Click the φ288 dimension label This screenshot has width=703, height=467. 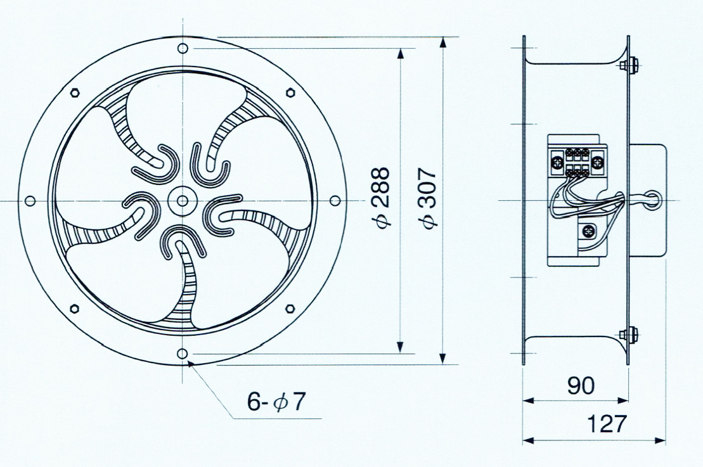click(x=384, y=197)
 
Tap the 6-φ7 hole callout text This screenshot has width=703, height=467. click(x=276, y=401)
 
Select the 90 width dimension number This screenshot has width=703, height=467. click(x=581, y=385)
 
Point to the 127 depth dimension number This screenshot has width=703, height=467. click(x=606, y=423)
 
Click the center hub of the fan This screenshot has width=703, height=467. click(x=182, y=200)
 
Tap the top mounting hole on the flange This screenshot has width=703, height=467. click(x=183, y=48)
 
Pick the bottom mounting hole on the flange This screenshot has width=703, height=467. click(x=182, y=354)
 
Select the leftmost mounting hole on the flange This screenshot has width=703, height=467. click(x=30, y=200)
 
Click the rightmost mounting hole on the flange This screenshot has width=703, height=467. click(x=335, y=200)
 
